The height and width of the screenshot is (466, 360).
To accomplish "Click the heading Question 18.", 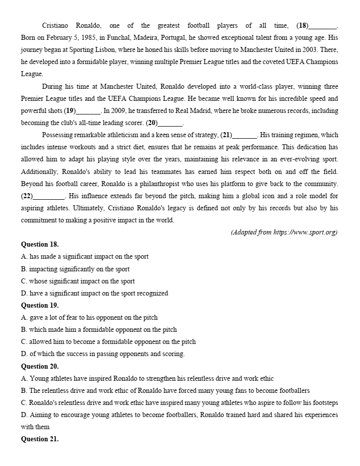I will pyautogui.click(x=40, y=245).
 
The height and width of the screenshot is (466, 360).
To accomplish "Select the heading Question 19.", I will pyautogui.click(x=40, y=306).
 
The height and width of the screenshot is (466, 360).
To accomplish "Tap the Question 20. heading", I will pyautogui.click(x=40, y=367).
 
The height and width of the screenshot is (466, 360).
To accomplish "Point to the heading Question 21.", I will pyautogui.click(x=40, y=439).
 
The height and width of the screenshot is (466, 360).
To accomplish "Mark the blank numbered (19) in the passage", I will pyautogui.click(x=89, y=111).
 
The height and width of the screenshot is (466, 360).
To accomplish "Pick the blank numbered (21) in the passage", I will pyautogui.click(x=245, y=135).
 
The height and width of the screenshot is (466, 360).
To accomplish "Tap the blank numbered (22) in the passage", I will pyautogui.click(x=48, y=196).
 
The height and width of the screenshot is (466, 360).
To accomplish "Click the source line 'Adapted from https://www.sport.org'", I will pyautogui.click(x=284, y=232).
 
